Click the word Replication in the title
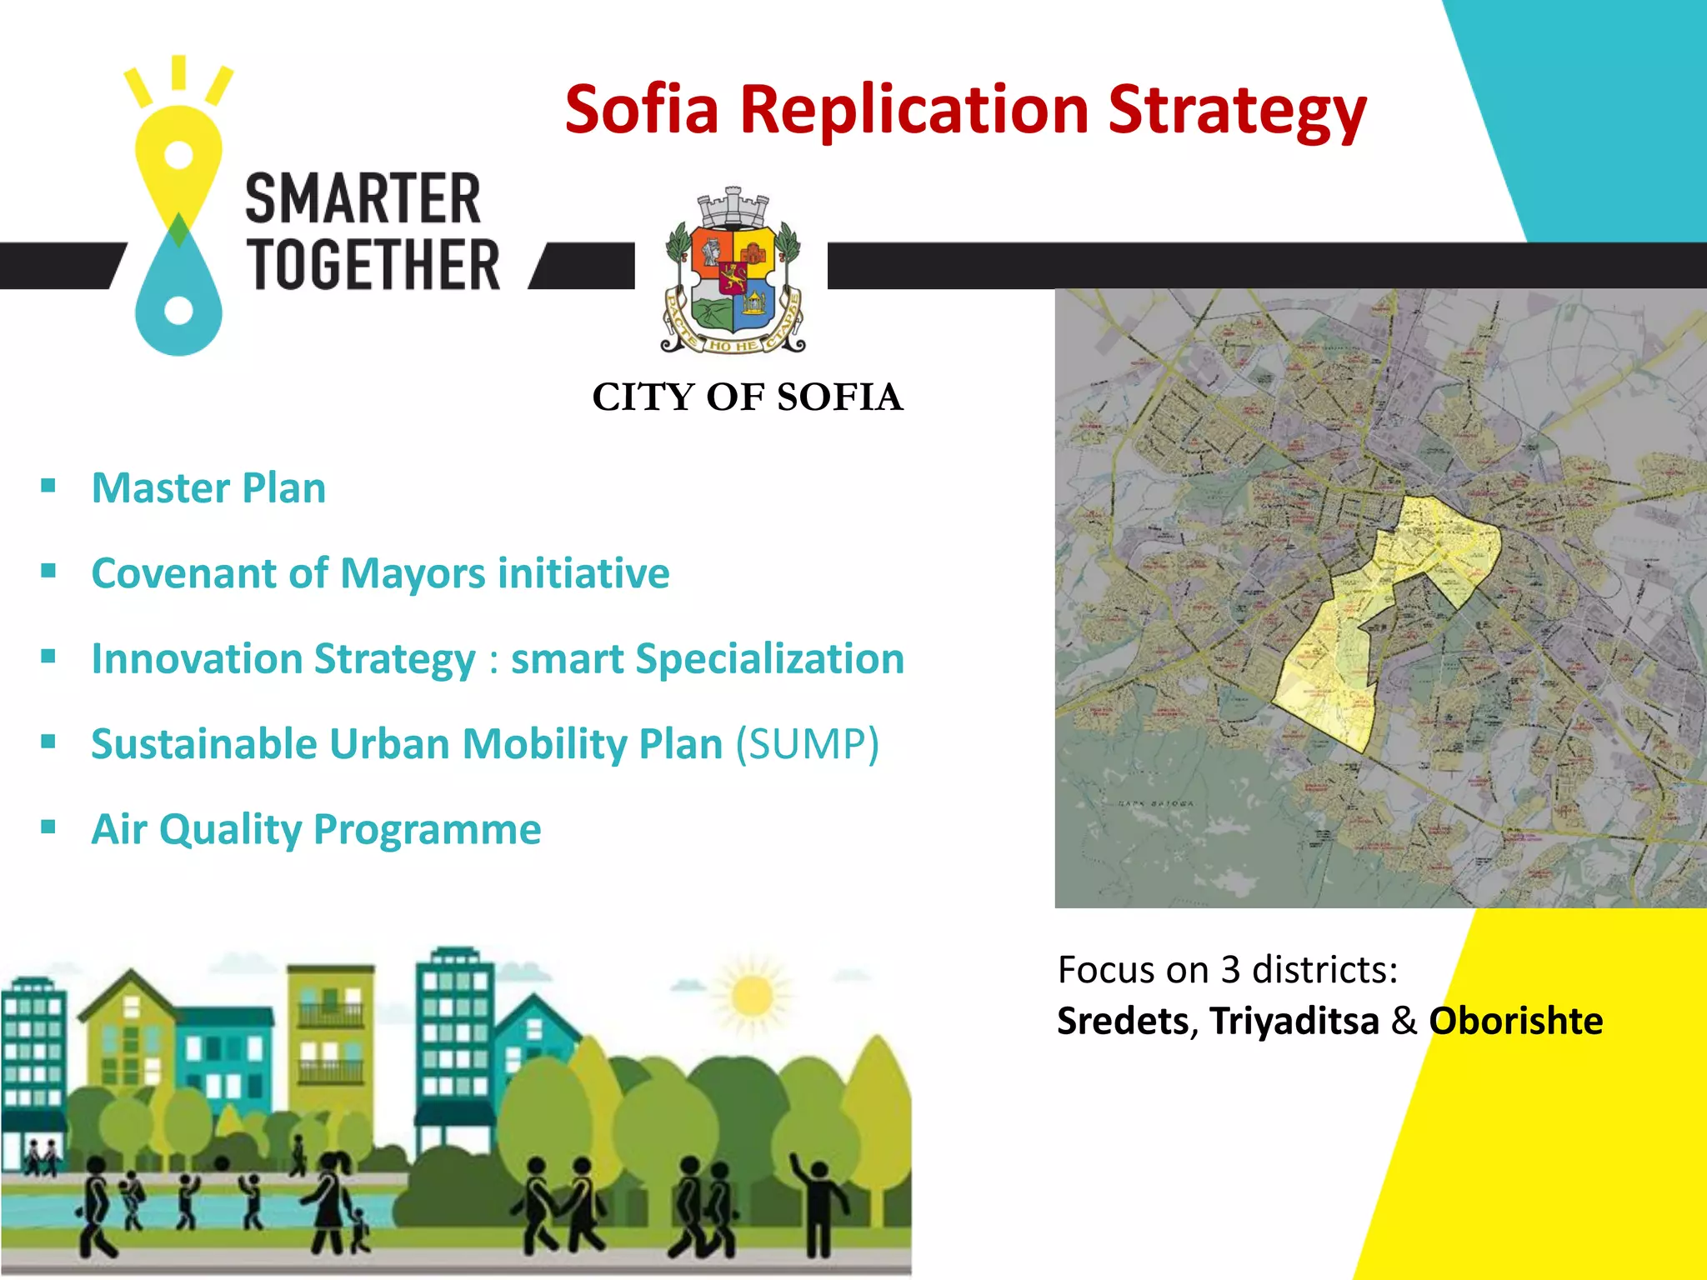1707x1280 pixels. [x=914, y=110]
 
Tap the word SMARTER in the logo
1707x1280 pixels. [x=363, y=199]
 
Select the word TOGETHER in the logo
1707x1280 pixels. [x=373, y=265]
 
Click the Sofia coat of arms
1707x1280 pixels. [x=733, y=272]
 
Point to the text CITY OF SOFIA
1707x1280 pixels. [x=748, y=397]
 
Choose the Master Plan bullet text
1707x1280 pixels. [x=208, y=488]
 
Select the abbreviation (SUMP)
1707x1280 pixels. [x=806, y=744]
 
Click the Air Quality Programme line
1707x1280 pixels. [x=316, y=830]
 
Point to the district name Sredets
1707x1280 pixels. [x=1123, y=1022]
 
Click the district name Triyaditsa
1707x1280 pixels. [x=1294, y=1022]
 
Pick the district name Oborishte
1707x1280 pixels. [x=1515, y=1022]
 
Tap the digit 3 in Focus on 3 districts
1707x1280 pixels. [x=1230, y=970]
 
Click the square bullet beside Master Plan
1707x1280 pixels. [x=48, y=485]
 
